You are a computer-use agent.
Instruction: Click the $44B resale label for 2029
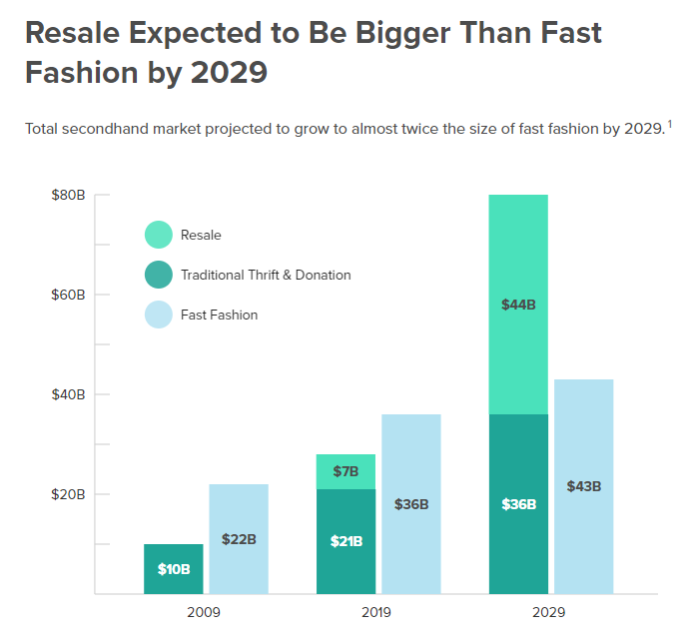click(x=518, y=305)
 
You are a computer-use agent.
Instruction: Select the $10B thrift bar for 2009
click(x=174, y=569)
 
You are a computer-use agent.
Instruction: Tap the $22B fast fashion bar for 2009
click(x=239, y=539)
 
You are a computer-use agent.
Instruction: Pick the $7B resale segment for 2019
click(x=345, y=471)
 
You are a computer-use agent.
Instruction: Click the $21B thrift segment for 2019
click(x=345, y=541)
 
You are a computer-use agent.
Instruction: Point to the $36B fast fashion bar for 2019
click(x=410, y=504)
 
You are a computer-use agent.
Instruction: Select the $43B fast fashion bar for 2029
click(x=583, y=486)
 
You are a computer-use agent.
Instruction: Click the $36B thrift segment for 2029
click(x=518, y=504)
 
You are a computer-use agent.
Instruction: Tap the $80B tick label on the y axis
click(x=68, y=195)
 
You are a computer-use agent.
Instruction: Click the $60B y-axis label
click(x=68, y=295)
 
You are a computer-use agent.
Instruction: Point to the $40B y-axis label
click(x=68, y=394)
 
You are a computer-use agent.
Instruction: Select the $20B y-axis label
click(x=68, y=494)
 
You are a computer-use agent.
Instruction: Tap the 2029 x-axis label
click(x=550, y=611)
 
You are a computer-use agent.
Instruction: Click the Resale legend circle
click(x=159, y=235)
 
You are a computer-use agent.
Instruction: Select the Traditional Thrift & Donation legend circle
click(x=159, y=275)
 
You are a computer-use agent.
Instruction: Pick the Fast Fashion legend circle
click(x=159, y=315)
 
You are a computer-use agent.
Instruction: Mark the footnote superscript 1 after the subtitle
click(x=670, y=124)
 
